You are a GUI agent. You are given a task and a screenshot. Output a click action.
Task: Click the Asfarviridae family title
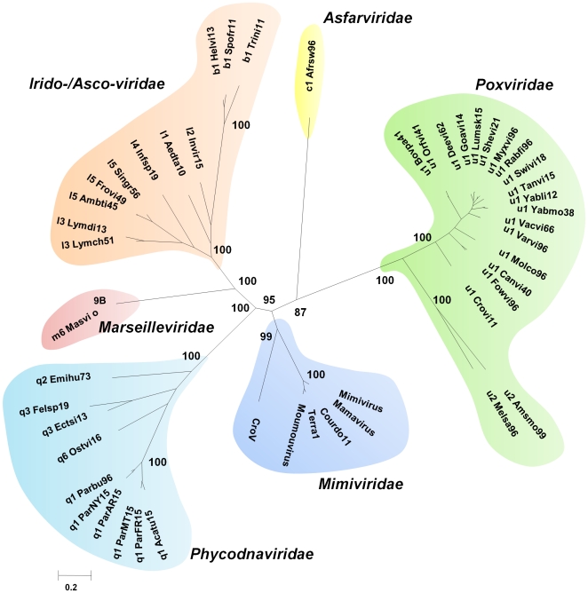[x=368, y=18]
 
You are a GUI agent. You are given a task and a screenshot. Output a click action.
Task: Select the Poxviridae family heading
[x=514, y=84]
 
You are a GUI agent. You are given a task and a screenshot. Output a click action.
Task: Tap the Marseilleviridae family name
[x=156, y=328]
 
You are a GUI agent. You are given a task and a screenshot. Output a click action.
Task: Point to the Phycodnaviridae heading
[x=251, y=554]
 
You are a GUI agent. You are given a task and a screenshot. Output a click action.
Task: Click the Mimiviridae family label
[x=361, y=484]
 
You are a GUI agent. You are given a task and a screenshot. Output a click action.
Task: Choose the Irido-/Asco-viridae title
[x=97, y=83]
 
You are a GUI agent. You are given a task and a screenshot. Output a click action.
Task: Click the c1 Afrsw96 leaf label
[x=311, y=66]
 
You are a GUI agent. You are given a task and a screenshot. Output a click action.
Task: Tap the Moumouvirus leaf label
[x=293, y=434]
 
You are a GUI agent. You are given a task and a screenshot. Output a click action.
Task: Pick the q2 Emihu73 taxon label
[x=64, y=378]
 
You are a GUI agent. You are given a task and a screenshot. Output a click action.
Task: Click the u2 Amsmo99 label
[x=525, y=414]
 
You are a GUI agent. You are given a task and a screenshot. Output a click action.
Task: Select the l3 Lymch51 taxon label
[x=88, y=243]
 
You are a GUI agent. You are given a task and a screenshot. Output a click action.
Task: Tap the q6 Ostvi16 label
[x=79, y=448]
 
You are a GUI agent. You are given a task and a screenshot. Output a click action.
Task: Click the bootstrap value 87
[x=300, y=312]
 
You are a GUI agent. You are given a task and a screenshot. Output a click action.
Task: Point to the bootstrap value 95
[x=269, y=300]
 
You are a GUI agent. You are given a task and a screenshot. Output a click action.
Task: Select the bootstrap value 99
[x=266, y=336]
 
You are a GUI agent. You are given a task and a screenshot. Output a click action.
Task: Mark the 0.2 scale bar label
[x=71, y=588]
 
